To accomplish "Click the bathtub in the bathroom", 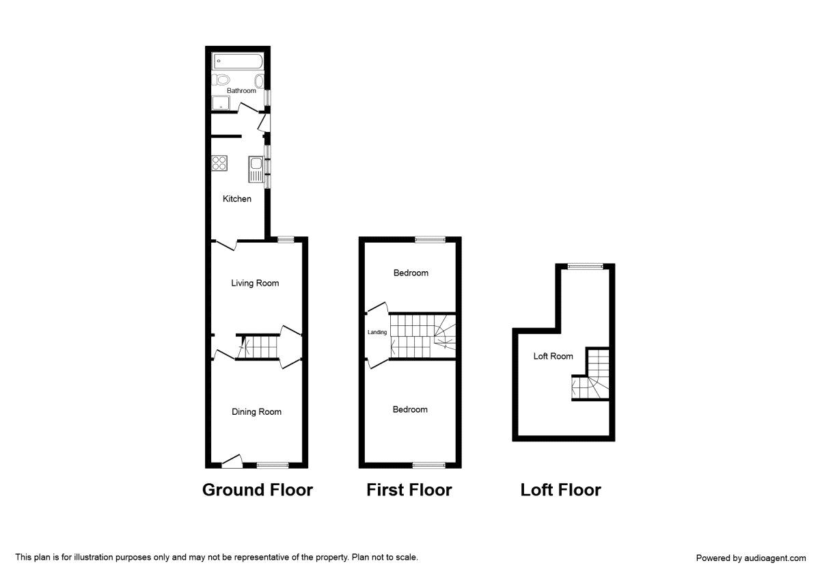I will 237,61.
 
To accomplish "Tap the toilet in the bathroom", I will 220,80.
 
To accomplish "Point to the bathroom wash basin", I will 260,80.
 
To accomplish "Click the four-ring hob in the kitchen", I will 220,163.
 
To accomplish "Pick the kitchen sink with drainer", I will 256,169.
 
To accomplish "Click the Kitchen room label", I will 237,199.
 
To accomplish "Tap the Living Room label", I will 255,283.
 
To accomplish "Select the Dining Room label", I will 256,411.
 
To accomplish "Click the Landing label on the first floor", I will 377,333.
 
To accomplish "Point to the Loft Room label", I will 553,356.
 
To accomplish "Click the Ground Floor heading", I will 257,490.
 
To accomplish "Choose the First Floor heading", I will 409,490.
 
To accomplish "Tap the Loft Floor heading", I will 560,490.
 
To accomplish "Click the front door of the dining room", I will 232,463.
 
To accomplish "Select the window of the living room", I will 286,238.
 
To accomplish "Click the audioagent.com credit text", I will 750,558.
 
